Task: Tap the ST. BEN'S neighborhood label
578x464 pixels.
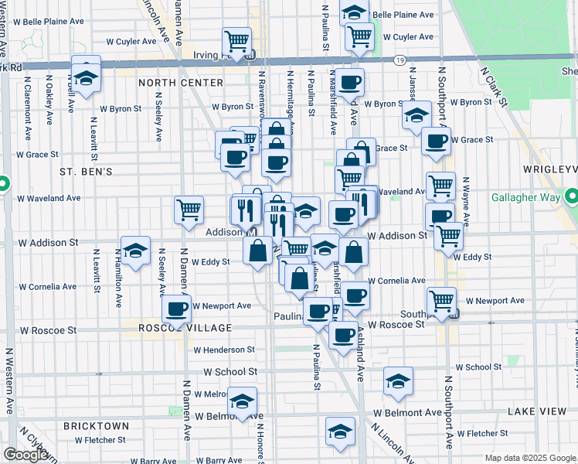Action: tap(87, 171)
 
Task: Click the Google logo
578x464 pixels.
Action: tap(25, 455)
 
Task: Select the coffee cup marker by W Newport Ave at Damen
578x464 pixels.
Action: tap(177, 309)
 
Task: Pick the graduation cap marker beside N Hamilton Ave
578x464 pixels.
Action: tap(135, 251)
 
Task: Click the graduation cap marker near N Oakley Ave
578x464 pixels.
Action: tap(87, 76)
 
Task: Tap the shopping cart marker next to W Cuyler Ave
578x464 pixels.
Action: tap(360, 35)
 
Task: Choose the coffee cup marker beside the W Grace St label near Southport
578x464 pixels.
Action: tap(437, 141)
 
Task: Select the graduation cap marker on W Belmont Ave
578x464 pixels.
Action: tap(243, 401)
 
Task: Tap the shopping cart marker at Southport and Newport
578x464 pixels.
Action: tap(441, 299)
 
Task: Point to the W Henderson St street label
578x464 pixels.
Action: tap(224, 350)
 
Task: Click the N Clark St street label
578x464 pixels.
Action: tap(492, 86)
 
